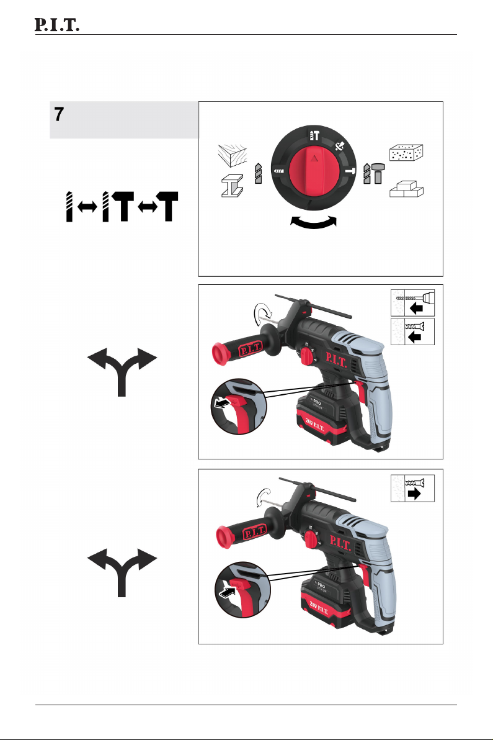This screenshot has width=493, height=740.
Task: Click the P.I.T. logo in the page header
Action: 56,25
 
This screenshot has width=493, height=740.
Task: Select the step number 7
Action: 59,114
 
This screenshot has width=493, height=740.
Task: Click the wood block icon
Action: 233,155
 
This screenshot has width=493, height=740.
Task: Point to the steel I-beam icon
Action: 233,186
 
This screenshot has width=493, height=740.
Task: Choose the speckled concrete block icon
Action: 406,153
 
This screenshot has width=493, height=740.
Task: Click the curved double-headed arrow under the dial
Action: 313,222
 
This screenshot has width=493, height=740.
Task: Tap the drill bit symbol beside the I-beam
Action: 258,173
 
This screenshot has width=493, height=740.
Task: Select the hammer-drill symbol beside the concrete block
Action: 373,173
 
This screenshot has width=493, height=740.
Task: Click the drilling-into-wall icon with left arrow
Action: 412,303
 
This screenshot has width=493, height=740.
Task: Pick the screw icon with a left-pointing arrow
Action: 412,332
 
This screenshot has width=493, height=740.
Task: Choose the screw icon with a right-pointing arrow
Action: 412,489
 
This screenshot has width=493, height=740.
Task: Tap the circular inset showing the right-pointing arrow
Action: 242,589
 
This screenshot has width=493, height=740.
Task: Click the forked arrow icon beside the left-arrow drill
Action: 122,372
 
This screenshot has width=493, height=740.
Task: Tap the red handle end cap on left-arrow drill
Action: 220,354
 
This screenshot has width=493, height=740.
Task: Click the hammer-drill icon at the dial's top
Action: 314,136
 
